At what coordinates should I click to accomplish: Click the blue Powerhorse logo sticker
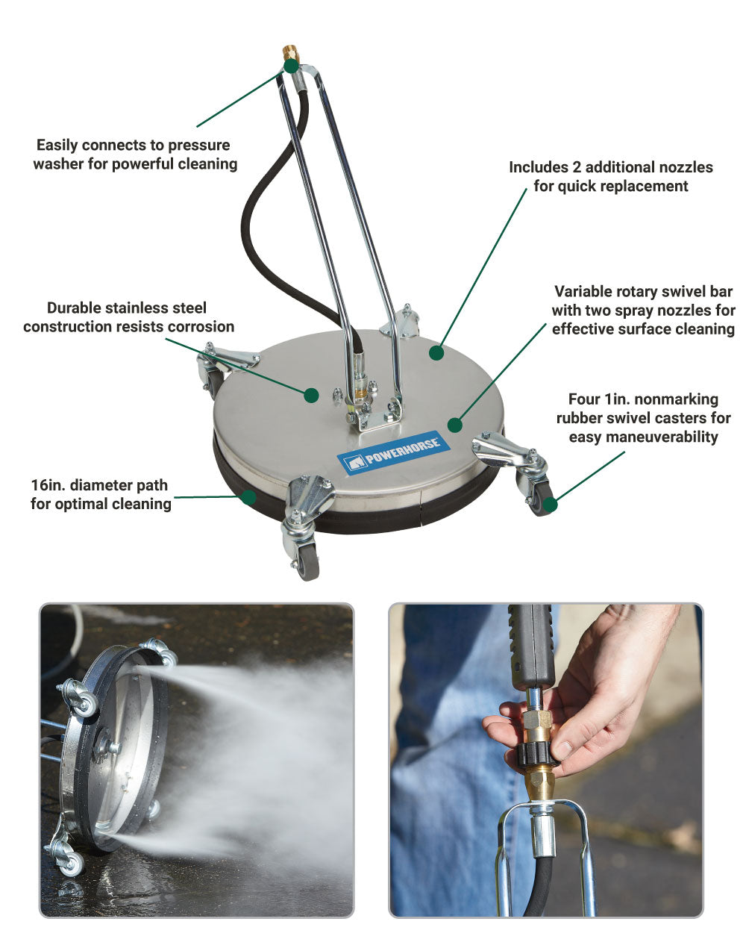[389, 453]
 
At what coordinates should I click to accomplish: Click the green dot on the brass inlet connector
[291, 66]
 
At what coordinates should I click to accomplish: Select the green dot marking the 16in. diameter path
[249, 497]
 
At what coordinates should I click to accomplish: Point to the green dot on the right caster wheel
[550, 505]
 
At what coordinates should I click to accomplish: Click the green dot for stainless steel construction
[311, 395]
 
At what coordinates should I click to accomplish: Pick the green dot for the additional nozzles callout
[436, 353]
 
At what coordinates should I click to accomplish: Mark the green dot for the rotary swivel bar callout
[455, 425]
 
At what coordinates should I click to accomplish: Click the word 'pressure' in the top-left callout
[201, 146]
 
